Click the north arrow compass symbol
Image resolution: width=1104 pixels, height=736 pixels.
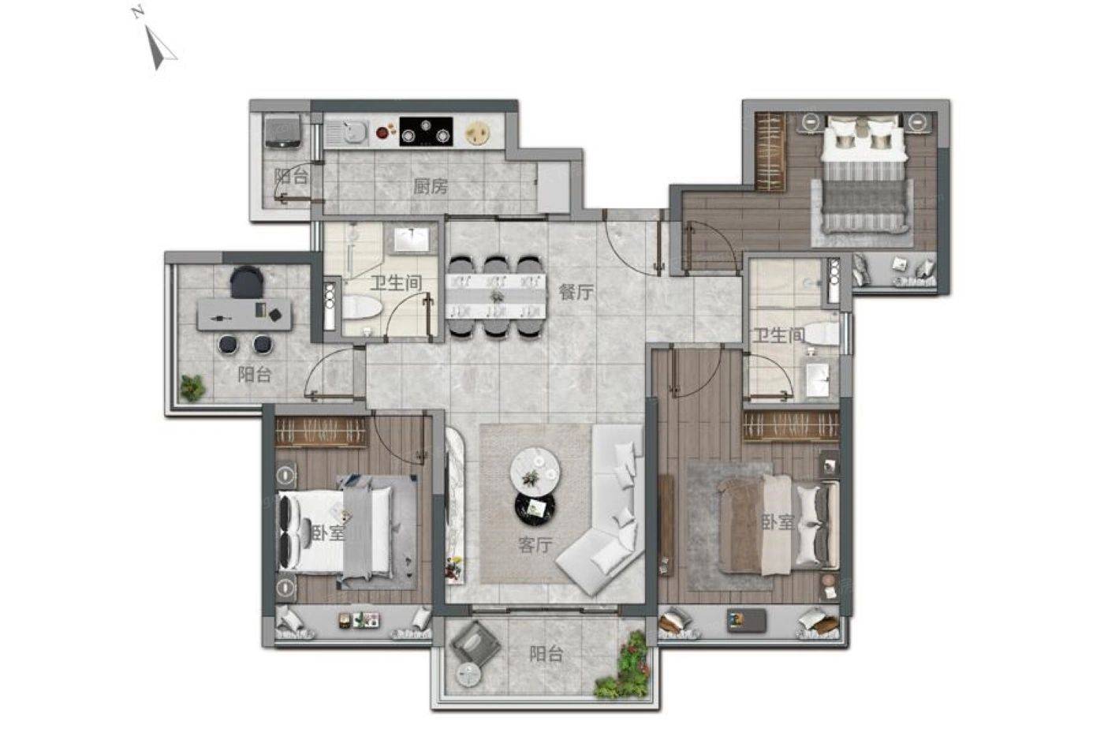pos(159,45)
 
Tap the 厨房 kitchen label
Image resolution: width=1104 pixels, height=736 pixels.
pos(431,186)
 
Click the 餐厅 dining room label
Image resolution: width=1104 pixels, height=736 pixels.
pos(576,293)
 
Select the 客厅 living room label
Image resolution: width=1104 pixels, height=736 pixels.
pos(535,545)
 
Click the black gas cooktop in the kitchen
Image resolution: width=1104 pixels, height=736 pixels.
pos(426,131)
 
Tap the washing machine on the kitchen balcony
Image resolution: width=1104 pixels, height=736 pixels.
pos(283,131)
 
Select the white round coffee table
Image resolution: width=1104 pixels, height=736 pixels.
pos(535,469)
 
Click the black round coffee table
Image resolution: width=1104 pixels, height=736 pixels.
pos(535,507)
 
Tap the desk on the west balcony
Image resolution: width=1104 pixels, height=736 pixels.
pos(244,315)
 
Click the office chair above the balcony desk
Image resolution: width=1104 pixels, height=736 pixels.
pos(247,282)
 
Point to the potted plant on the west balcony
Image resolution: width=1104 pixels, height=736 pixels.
pos(192,387)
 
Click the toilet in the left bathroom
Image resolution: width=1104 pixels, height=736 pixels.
pos(361,308)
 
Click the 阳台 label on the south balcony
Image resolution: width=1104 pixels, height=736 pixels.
pos(546,654)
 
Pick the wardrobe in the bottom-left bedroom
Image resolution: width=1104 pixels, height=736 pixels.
pos(322,432)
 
